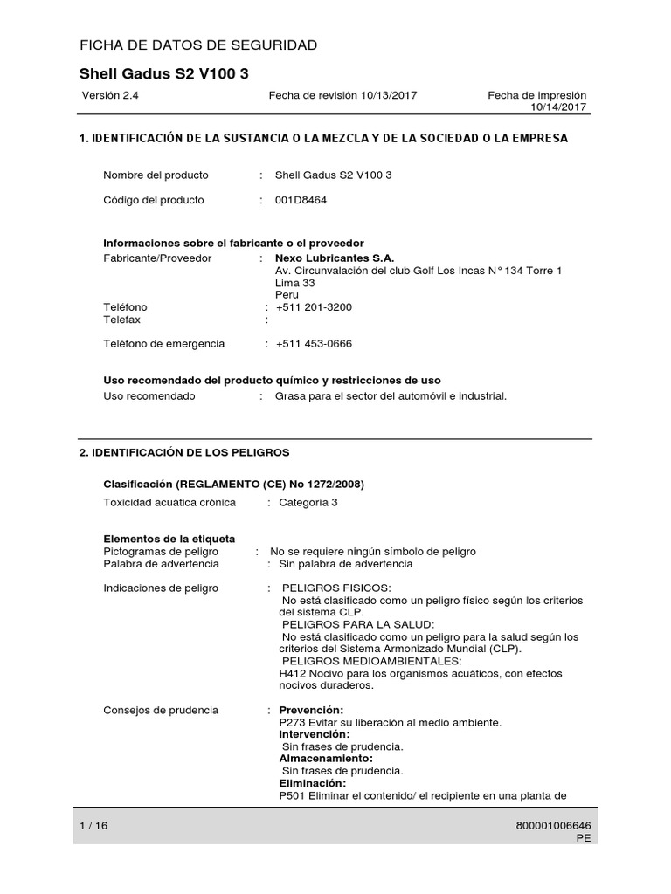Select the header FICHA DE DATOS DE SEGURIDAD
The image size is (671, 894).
pyautogui.click(x=198, y=45)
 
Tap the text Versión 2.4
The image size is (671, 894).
pyautogui.click(x=110, y=95)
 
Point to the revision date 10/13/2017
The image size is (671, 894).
pyautogui.click(x=389, y=95)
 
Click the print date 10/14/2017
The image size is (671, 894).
pyautogui.click(x=559, y=107)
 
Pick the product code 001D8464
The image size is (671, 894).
pyautogui.click(x=301, y=200)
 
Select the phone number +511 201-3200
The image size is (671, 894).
pyautogui.click(x=314, y=307)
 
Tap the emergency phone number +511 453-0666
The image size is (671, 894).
pyautogui.click(x=314, y=344)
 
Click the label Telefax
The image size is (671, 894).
pyautogui.click(x=121, y=320)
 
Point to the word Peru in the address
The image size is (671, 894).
pyautogui.click(x=287, y=295)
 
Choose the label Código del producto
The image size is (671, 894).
pyautogui.click(x=154, y=200)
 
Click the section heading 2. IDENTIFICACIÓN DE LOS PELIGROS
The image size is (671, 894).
pyautogui.click(x=184, y=452)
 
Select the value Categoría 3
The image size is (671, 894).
pyautogui.click(x=308, y=503)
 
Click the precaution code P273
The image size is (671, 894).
pyautogui.click(x=291, y=722)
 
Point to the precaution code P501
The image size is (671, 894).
pyautogui.click(x=291, y=795)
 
